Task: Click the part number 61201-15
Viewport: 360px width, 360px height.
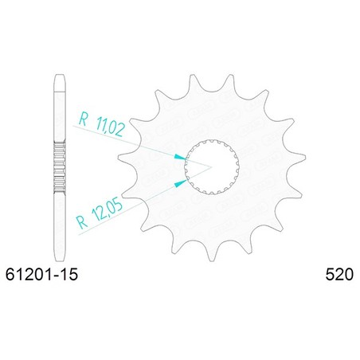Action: tap(41, 274)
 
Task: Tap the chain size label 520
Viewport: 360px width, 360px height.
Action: tap(339, 274)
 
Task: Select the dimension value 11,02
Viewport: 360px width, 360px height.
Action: tap(111, 127)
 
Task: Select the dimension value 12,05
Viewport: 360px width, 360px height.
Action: tap(108, 211)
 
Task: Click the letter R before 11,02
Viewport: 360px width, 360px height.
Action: tap(83, 119)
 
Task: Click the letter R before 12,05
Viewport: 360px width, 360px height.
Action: tap(82, 222)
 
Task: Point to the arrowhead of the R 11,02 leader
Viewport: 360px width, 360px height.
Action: tap(180, 157)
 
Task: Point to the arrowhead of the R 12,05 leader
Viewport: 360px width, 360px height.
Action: tap(181, 182)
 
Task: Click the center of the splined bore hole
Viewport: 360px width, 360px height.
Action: tap(212, 166)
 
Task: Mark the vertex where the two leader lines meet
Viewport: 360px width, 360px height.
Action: tap(211, 167)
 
